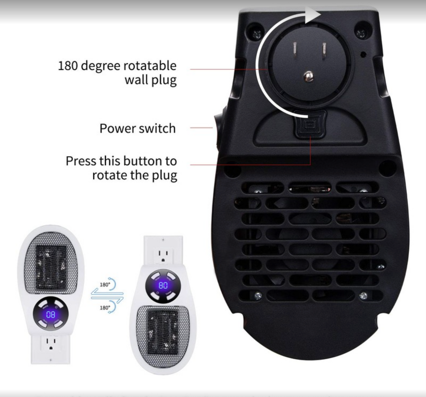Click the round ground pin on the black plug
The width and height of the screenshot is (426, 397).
[308, 77]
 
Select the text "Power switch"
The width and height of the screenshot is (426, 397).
[137, 129]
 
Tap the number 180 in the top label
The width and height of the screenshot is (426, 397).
[68, 65]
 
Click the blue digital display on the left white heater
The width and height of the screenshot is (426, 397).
[50, 314]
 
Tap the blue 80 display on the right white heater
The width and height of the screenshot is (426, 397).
[163, 285]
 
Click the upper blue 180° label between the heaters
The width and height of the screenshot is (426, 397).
[105, 285]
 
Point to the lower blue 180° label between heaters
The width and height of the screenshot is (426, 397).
[105, 308]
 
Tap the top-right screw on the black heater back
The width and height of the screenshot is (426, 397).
[360, 33]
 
